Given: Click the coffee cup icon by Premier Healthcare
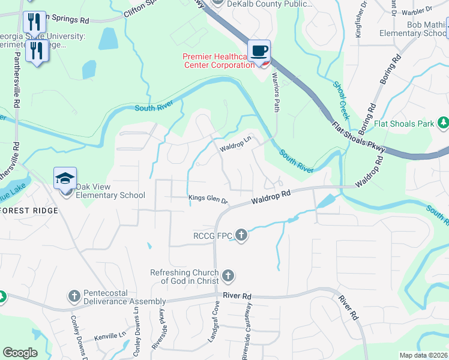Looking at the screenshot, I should click(x=259, y=52).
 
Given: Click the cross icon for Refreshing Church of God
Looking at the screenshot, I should click(x=228, y=275).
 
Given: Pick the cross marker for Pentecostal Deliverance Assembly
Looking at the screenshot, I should click(x=74, y=296).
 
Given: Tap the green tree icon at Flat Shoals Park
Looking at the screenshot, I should click(x=443, y=123).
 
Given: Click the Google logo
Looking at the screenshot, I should click(x=20, y=353).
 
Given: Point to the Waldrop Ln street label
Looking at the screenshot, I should click(x=235, y=146).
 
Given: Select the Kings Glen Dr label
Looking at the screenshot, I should click(x=208, y=200).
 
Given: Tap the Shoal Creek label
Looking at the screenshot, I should click(x=340, y=99).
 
